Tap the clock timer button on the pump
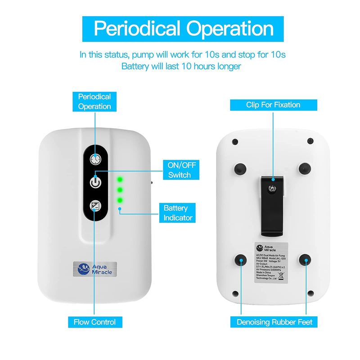click(x=95, y=159)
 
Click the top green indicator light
click(x=120, y=180)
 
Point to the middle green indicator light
click(x=120, y=189)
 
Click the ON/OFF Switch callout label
click(x=180, y=170)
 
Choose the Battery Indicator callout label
click(x=178, y=213)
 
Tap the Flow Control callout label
click(x=94, y=322)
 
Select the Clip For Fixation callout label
click(x=273, y=105)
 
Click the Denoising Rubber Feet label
click(x=274, y=322)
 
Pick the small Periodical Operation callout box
click(x=94, y=101)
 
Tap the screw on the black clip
click(x=273, y=189)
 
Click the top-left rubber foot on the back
click(x=240, y=169)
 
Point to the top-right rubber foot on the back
click(x=306, y=168)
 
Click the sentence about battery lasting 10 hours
click(x=182, y=66)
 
